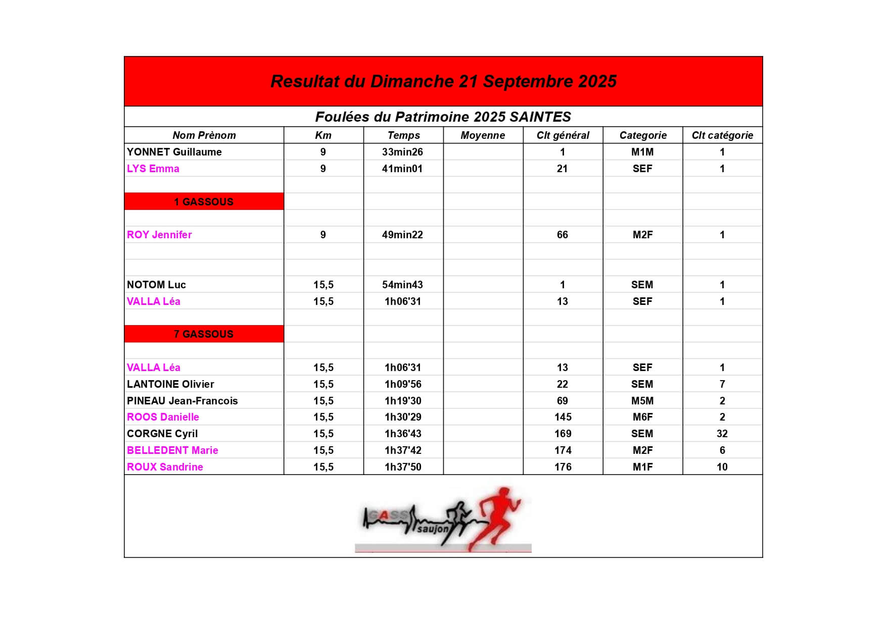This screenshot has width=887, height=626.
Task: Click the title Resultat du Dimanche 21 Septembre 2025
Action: (443, 81)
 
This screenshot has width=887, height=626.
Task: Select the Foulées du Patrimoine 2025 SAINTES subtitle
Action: (443, 117)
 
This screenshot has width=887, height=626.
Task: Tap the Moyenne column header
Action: (483, 135)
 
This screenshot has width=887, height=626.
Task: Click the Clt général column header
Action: (563, 135)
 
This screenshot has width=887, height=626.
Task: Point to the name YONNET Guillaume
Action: (174, 152)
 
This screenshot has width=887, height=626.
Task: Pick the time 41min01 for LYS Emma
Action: (402, 169)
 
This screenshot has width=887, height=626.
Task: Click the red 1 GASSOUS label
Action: (204, 201)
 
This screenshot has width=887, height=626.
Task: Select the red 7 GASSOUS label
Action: (204, 334)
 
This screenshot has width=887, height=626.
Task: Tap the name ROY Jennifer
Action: (159, 235)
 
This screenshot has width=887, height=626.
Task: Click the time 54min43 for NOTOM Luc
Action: (402, 285)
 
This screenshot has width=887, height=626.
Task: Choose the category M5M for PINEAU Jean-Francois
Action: (642, 401)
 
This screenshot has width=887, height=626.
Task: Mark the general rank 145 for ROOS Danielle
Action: (563, 417)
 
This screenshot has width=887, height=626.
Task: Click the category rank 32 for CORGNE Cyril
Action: (722, 434)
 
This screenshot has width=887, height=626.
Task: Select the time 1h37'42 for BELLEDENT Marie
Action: (403, 450)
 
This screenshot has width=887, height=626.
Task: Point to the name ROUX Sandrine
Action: (165, 467)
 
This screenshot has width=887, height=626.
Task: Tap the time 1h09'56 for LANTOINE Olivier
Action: (403, 384)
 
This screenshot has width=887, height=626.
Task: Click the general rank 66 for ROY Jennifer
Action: (562, 235)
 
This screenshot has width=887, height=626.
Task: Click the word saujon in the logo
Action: (433, 529)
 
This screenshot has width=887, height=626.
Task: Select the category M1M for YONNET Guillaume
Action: (642, 152)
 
